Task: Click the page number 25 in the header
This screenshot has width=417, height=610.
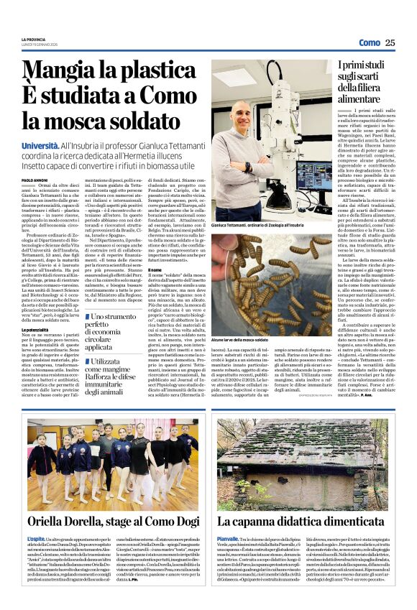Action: pyautogui.click(x=390, y=43)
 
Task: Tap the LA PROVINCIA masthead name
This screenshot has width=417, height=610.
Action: pyautogui.click(x=35, y=38)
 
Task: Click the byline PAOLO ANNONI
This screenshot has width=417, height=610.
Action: pyautogui.click(x=35, y=180)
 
